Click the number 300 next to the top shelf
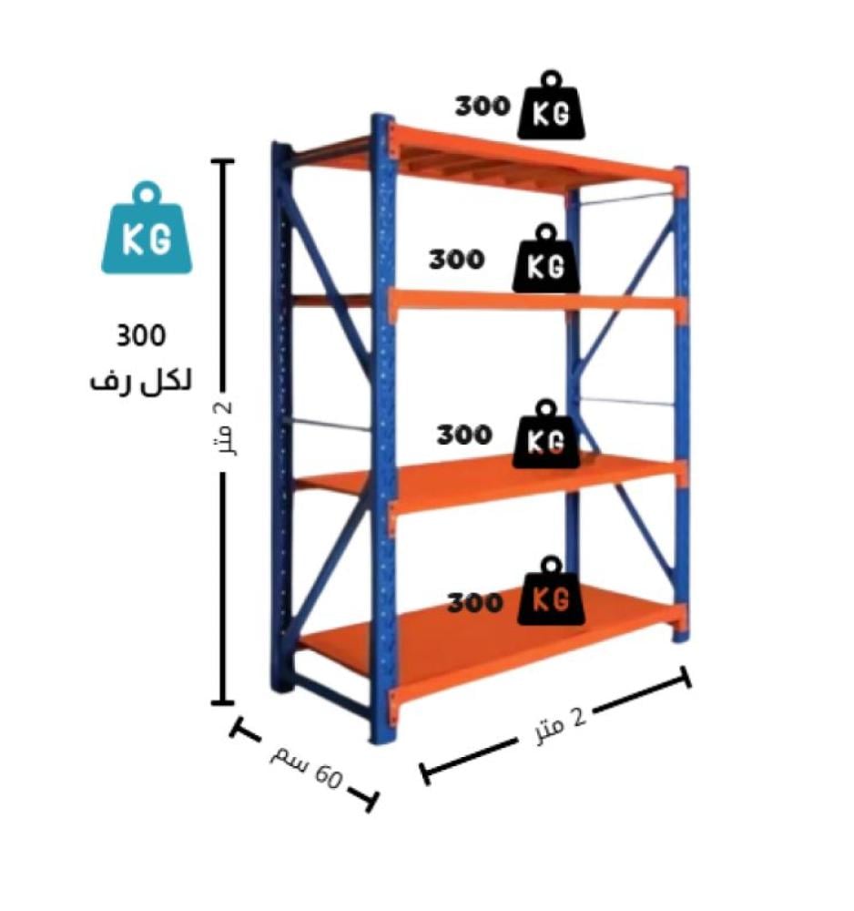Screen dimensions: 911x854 [x=483, y=106]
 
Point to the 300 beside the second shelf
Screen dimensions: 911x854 [x=457, y=259]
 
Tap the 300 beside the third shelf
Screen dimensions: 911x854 [x=464, y=435]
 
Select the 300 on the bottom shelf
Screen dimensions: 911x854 [x=474, y=602]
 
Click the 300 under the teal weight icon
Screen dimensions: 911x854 [x=141, y=335]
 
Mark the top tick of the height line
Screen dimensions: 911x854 [x=222, y=161]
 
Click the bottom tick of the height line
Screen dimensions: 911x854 [x=222, y=702]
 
